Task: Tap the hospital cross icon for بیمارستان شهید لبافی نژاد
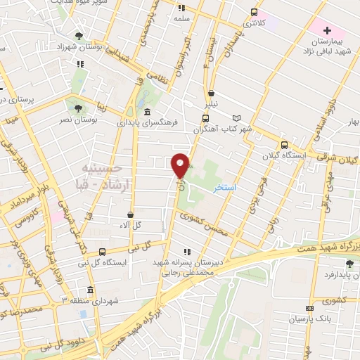pyautogui.click(x=326, y=30)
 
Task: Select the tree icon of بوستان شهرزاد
pyautogui.click(x=79, y=35)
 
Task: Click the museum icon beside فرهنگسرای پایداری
pyautogui.click(x=146, y=112)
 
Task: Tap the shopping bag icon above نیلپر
pyautogui.click(x=211, y=93)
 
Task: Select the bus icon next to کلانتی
pyautogui.click(x=254, y=12)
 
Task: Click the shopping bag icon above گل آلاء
pyautogui.click(x=131, y=215)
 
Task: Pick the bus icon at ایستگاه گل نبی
pyautogui.click(x=102, y=251)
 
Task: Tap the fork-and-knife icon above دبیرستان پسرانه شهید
pyautogui.click(x=186, y=251)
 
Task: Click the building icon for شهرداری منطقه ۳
pyautogui.click(x=90, y=290)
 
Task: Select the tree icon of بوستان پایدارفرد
pyautogui.click(x=349, y=264)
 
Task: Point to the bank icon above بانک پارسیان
pyautogui.click(x=309, y=308)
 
